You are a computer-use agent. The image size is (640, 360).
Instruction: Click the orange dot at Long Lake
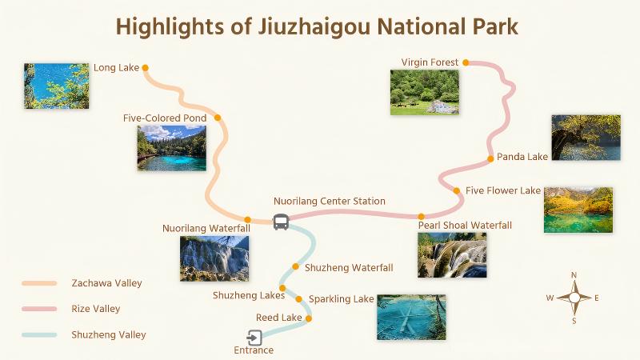pos(145,68)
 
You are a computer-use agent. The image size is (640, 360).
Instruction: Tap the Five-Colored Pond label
pos(165,118)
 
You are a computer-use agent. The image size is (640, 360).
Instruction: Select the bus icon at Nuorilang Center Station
pos(281,222)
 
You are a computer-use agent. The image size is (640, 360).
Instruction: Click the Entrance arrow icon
pos(254,338)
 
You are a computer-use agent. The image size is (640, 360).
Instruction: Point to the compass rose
pos(574,298)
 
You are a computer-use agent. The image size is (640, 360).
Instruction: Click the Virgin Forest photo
pos(424,92)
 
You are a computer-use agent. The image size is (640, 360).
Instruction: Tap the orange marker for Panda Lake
pos(490,158)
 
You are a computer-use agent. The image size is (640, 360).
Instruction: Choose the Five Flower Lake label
pos(503,191)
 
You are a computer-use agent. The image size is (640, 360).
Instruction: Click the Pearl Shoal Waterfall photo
pos(452,254)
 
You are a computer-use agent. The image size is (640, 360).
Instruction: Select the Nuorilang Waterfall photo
pos(214,258)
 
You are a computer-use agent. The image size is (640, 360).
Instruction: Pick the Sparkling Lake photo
pos(411,317)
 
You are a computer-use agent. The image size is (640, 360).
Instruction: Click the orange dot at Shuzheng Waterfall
pos(296,267)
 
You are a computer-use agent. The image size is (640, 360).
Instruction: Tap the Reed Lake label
pos(279,318)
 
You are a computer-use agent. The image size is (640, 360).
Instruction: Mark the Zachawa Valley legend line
pos(39,283)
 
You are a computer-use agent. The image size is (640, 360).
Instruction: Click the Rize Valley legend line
pos(39,309)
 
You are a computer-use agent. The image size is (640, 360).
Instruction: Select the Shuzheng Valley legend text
pos(109,335)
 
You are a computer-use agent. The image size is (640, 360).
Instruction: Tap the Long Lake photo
pos(56,86)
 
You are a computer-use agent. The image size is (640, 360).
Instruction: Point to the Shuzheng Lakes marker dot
pos(282,287)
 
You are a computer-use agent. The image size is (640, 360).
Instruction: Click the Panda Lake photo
pos(586,138)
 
